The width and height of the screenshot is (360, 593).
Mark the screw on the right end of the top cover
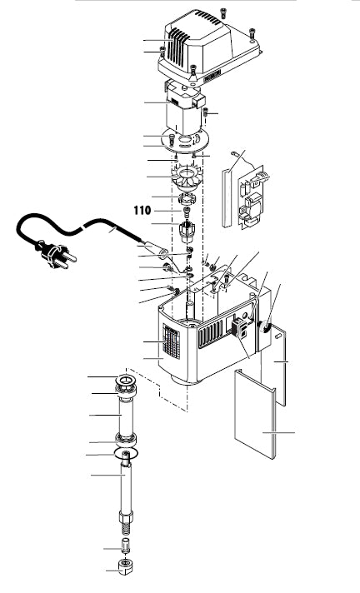pos(252,34)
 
